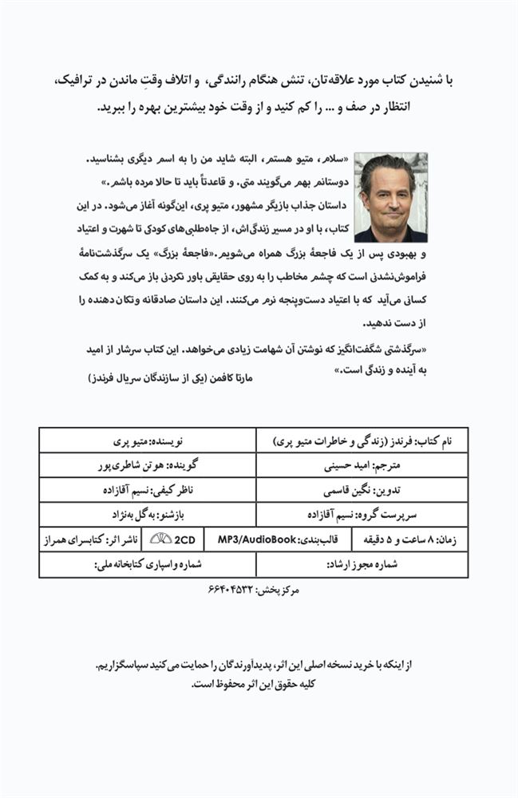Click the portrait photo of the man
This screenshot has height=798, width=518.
(x=390, y=197)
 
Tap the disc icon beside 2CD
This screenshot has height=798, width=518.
(x=160, y=539)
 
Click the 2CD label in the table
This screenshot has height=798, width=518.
(x=184, y=539)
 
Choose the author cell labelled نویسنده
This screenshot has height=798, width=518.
(x=149, y=440)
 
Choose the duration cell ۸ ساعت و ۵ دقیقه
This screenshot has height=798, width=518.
(x=409, y=539)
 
